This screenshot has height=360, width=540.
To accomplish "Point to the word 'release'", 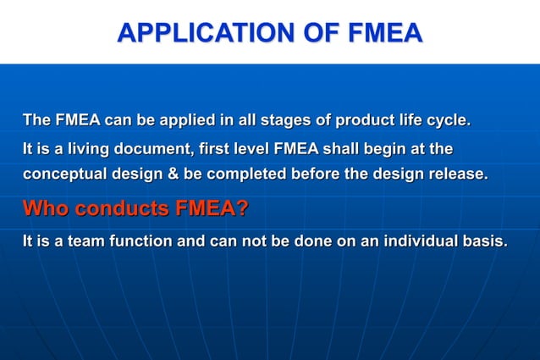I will click(455, 175).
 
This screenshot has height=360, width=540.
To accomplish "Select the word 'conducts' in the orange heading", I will click(121, 208).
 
